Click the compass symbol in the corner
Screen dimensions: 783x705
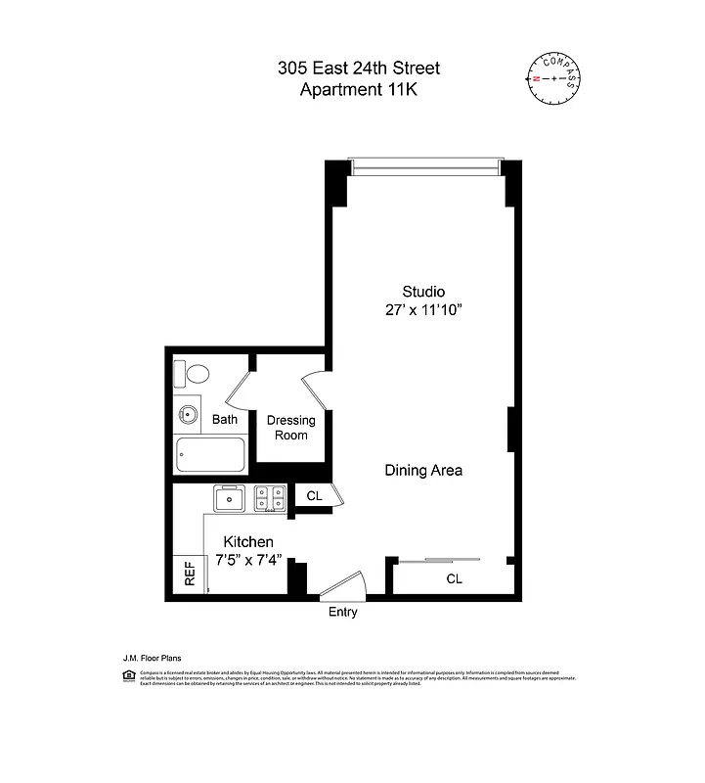tap(554, 77)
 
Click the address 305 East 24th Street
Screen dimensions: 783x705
tap(358, 68)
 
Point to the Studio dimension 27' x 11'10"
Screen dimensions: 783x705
tap(423, 310)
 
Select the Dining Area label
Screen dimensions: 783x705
tap(422, 470)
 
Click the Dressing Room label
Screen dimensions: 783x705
tap(290, 428)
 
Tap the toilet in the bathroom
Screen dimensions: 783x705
tap(193, 374)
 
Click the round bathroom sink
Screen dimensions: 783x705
tap(188, 416)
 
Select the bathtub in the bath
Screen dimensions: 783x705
tap(210, 455)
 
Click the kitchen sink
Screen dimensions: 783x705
tap(231, 499)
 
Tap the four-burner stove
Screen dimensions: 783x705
tap(270, 499)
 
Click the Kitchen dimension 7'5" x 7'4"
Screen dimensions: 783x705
tap(248, 562)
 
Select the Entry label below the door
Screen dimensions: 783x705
tap(342, 613)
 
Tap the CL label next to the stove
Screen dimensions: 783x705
tap(314, 496)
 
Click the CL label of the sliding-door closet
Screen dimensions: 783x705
tap(454, 578)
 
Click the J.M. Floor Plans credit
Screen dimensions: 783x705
tap(152, 659)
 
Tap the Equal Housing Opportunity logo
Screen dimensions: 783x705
tap(127, 676)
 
